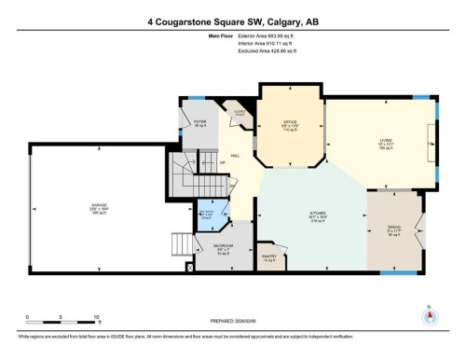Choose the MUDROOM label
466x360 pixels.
[224, 247]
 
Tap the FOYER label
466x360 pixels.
[199, 122]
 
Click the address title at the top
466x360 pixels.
[232, 21]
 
